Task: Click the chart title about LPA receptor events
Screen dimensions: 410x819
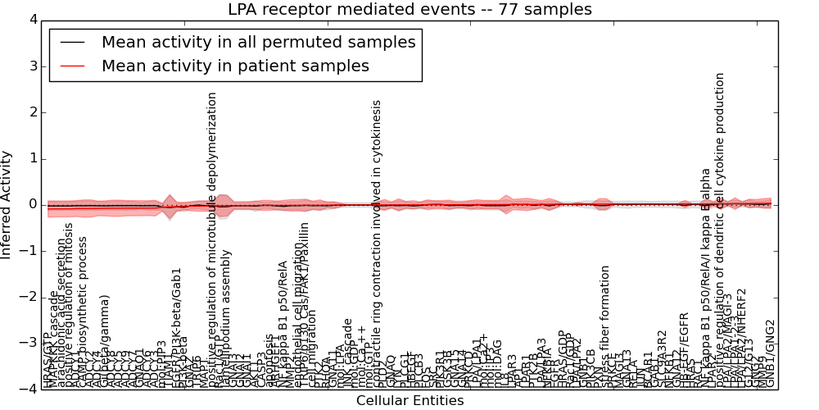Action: [409, 10]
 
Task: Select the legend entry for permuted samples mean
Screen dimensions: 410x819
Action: [258, 43]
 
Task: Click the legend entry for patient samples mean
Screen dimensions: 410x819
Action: [235, 66]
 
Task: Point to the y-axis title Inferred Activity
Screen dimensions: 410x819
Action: [7, 205]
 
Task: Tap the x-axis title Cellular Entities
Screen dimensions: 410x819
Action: [409, 401]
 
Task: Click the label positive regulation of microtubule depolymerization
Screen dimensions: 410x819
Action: [212, 238]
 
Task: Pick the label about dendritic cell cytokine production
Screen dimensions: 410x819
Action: [721, 230]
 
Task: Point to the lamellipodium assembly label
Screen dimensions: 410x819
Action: [226, 319]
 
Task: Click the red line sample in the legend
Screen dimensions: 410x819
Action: [71, 66]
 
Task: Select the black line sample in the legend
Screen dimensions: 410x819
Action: [71, 43]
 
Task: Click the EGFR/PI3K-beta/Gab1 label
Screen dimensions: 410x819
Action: [177, 326]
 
